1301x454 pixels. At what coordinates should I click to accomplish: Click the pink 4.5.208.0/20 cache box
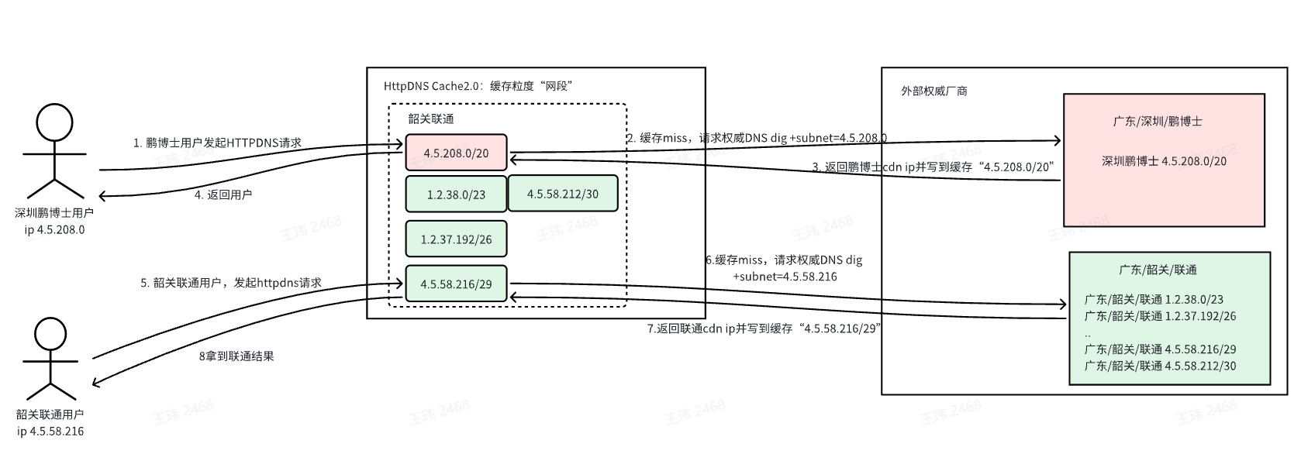point(456,153)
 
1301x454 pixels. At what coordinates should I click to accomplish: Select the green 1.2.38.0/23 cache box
point(456,194)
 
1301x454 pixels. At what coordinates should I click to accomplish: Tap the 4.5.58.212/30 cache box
point(563,194)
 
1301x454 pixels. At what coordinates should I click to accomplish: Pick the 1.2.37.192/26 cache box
point(456,239)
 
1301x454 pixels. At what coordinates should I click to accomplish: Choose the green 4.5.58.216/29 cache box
point(456,284)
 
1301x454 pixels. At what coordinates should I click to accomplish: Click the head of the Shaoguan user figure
point(50,336)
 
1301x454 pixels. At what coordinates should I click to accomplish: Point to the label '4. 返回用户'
point(223,194)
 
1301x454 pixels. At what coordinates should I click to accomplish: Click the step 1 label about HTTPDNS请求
point(217,143)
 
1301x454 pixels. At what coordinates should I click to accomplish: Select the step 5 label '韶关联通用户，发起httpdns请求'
point(231,283)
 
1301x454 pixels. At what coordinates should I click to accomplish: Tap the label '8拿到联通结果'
point(236,356)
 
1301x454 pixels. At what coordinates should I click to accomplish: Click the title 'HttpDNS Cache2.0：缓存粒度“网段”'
point(478,86)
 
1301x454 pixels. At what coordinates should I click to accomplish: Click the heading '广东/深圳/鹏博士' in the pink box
point(1158,122)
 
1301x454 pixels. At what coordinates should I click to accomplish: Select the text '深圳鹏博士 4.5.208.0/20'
point(1164,161)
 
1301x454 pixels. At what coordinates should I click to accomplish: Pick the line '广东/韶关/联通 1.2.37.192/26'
point(1160,316)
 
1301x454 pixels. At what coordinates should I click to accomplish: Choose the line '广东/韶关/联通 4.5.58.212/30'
point(1160,366)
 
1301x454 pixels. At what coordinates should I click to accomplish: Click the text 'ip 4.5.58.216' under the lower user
point(50,432)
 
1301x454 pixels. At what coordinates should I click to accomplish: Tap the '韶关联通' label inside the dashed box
point(431,119)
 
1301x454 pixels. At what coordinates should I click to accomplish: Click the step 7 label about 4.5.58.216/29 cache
point(764,328)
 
